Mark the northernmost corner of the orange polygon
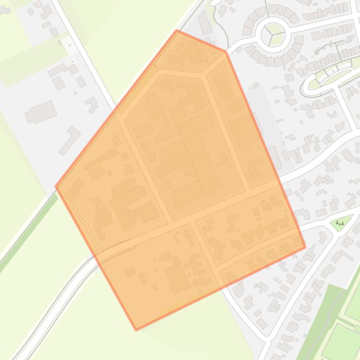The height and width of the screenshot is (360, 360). [177, 30]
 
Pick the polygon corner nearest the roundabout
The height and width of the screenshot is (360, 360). [226, 51]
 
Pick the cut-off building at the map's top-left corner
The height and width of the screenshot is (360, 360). [5, 9]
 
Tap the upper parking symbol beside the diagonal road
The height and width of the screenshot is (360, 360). [70, 45]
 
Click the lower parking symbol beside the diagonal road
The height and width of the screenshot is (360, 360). [73, 61]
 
